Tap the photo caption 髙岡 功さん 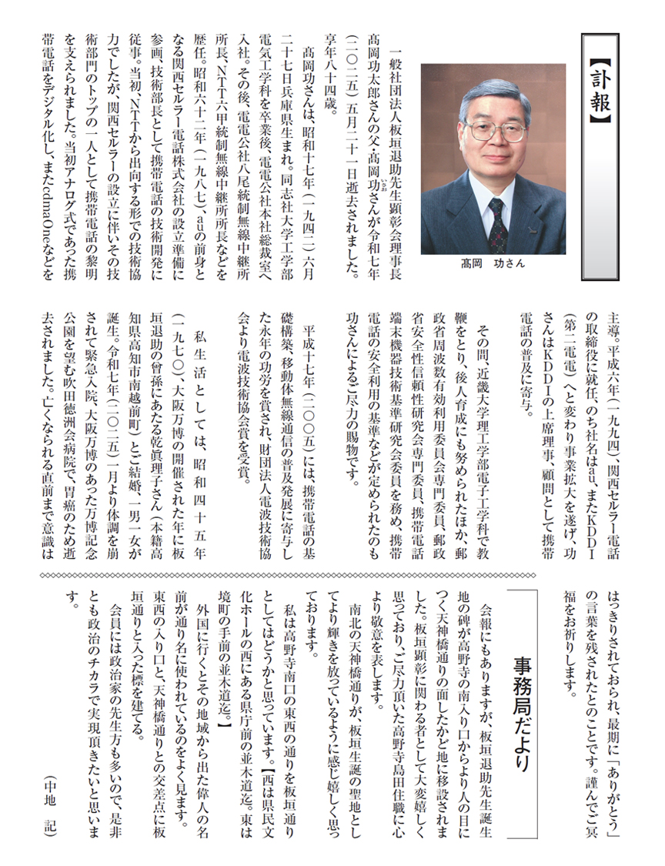493,262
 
